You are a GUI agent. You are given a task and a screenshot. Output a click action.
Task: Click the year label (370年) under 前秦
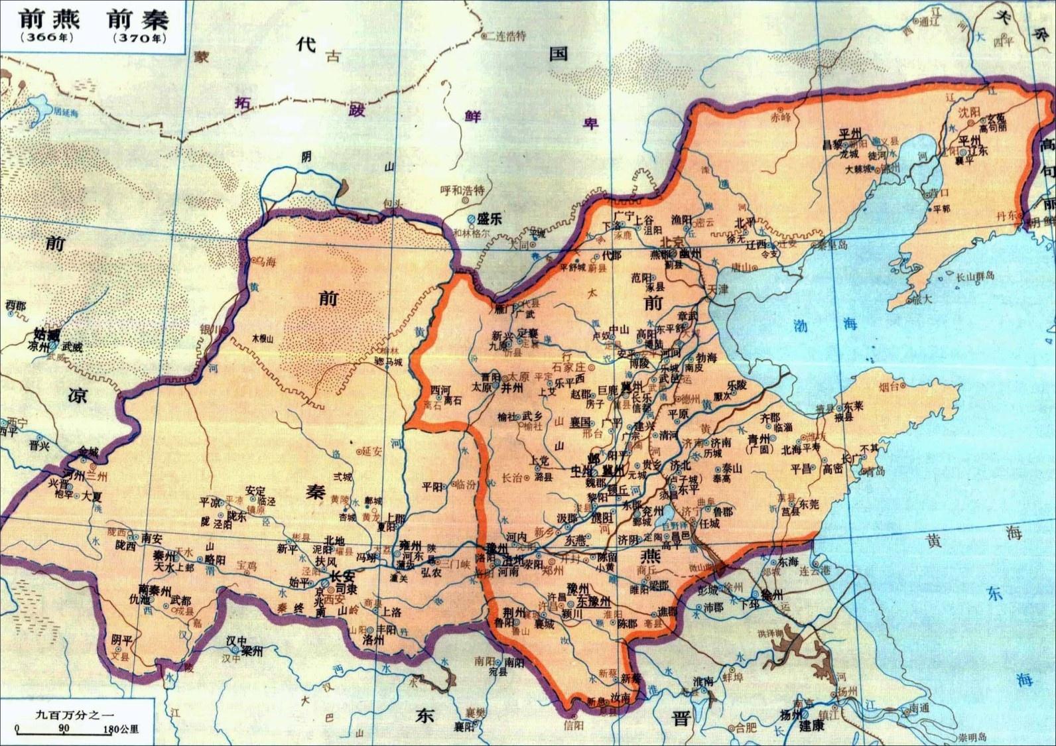pos(139,38)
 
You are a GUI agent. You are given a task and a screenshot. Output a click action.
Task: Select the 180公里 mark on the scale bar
pos(121,729)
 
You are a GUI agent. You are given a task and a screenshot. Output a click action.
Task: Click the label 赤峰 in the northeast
pos(781,117)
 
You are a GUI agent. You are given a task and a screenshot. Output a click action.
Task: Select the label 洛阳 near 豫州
pos(485,558)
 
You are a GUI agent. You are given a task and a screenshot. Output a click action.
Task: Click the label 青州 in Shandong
pos(758,438)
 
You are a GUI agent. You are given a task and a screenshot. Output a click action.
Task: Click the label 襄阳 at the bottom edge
pos(464,726)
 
